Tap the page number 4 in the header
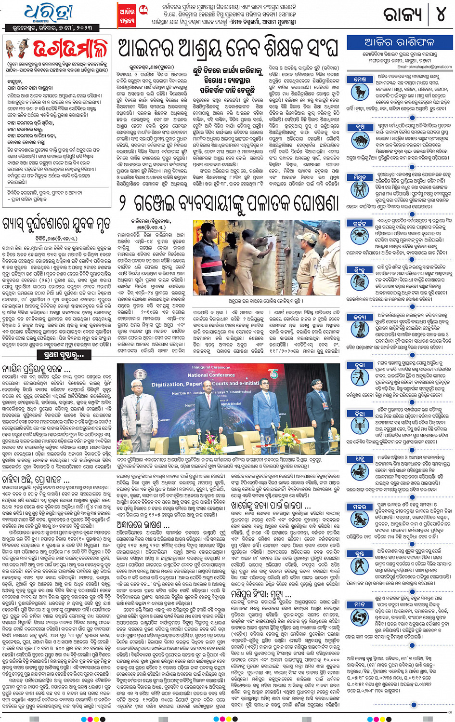point(441,14)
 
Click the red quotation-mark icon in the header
point(143,9)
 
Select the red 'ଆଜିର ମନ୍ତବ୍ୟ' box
point(127,15)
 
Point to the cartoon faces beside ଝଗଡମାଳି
point(16,49)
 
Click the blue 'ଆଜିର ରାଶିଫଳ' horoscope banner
point(399,42)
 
